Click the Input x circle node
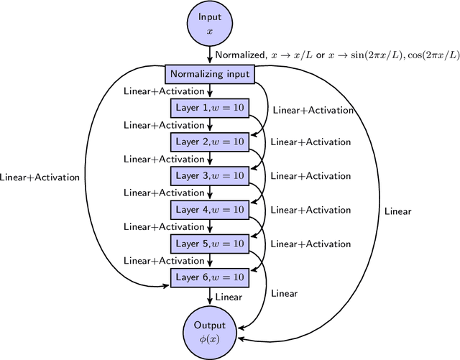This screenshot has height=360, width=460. click(210, 24)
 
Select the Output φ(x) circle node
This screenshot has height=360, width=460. click(210, 331)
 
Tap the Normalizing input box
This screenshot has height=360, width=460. click(210, 74)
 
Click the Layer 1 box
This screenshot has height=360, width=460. click(210, 108)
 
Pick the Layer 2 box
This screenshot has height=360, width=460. click(210, 142)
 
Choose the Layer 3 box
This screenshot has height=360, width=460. click(210, 175)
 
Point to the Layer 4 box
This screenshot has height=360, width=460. click(210, 209)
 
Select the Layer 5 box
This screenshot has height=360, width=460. click(210, 243)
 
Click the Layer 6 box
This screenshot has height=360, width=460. click(210, 277)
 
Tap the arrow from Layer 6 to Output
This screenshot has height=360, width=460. click(210, 295)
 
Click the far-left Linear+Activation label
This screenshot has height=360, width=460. click(40, 177)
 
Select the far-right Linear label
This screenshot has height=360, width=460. click(397, 211)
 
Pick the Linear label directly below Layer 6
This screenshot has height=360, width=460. click(229, 295)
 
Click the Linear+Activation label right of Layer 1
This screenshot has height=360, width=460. click(312, 110)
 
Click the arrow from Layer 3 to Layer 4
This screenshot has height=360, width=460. click(210, 193)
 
